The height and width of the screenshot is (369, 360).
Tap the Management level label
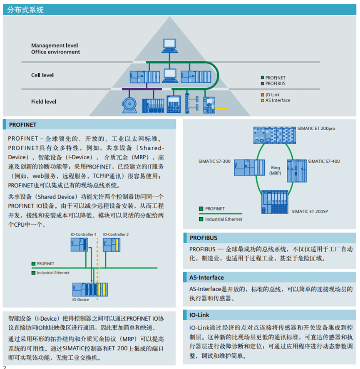tap(54, 45)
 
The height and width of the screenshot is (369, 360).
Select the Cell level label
tap(42, 75)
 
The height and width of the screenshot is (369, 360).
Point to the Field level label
tap(44, 102)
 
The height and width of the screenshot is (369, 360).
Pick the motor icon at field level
tap(131, 104)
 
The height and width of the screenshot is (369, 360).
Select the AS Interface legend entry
tap(278, 100)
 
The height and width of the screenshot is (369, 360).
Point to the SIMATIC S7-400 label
tap(324, 161)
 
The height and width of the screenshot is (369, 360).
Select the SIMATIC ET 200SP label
tap(310, 211)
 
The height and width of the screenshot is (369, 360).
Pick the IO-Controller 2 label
tap(116, 235)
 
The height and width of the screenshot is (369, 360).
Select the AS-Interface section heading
tap(206, 277)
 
